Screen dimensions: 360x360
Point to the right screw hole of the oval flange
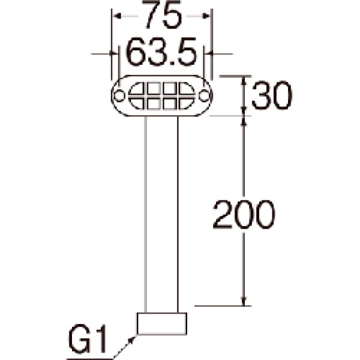(205, 95)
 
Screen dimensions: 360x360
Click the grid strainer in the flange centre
(161, 95)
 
